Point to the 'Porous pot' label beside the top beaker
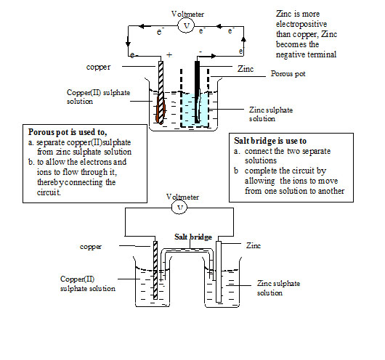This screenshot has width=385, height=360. (x=287, y=74)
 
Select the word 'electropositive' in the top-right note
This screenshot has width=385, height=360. (x=299, y=24)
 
